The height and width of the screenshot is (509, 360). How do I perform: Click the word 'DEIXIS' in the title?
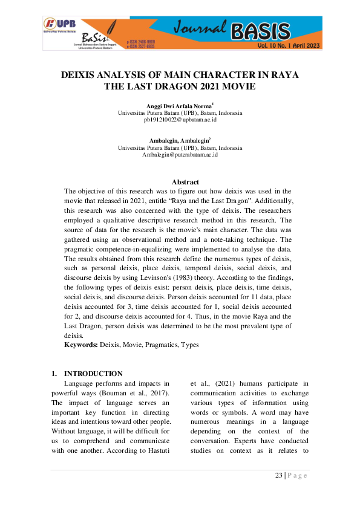(x=82, y=74)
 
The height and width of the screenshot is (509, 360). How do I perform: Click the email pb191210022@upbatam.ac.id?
(x=180, y=120)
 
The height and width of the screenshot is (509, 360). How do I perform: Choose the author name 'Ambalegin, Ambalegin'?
(x=179, y=140)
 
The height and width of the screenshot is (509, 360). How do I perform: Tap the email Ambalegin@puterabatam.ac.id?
(x=180, y=155)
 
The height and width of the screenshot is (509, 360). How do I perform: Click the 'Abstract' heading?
(x=185, y=182)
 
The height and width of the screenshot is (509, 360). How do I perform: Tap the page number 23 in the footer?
(x=279, y=475)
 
